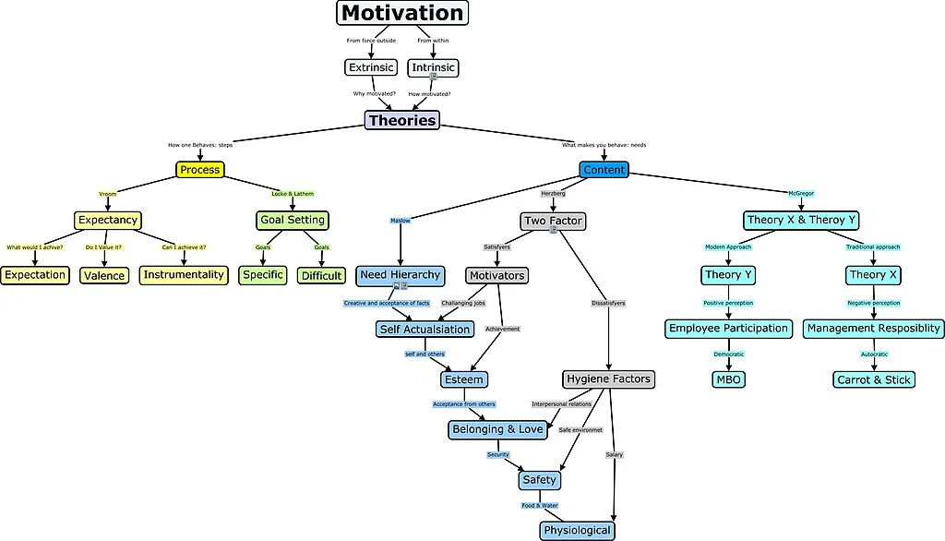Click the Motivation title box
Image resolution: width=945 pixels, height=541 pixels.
(x=401, y=13)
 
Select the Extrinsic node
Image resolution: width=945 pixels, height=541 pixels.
(x=371, y=67)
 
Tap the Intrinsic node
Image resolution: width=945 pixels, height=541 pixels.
(x=433, y=67)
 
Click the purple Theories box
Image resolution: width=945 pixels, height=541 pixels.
(x=401, y=120)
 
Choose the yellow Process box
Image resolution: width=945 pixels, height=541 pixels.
(x=200, y=170)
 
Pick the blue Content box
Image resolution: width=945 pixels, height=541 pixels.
(x=604, y=170)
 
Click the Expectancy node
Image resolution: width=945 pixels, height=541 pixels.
(x=108, y=220)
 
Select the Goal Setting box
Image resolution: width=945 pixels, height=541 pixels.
(x=292, y=220)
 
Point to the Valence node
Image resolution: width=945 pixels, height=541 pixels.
(x=104, y=275)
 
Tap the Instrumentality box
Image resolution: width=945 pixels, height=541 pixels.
(x=184, y=274)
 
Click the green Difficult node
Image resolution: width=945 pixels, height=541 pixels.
(x=321, y=275)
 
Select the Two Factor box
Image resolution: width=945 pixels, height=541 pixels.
(x=553, y=221)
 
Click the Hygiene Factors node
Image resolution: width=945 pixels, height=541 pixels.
(x=608, y=379)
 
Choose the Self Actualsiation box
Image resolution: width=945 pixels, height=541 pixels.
(x=425, y=329)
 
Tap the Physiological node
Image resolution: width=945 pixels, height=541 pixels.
(x=577, y=530)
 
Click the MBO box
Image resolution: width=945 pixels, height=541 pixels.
(x=728, y=379)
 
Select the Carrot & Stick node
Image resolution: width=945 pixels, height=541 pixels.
(x=873, y=379)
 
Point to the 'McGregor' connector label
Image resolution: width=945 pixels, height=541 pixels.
(x=801, y=193)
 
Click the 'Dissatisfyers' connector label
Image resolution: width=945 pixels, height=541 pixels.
(x=608, y=303)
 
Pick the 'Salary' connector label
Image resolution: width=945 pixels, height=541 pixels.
(x=615, y=454)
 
